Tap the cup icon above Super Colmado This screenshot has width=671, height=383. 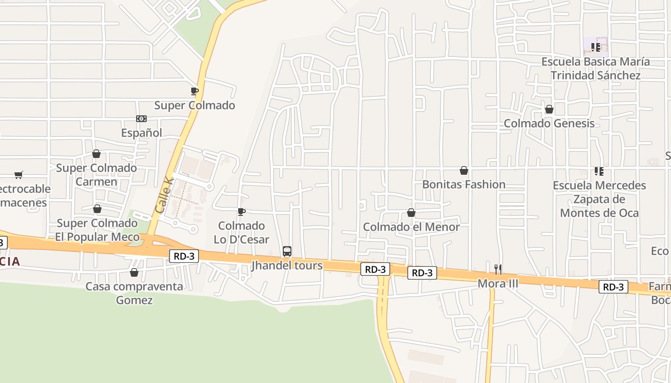[194, 91]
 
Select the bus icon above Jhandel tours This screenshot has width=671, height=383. [287, 251]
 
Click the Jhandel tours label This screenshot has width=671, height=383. [287, 266]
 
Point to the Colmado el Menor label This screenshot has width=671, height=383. [411, 227]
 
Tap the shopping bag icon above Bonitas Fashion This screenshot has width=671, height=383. [464, 170]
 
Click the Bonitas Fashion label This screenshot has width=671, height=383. [464, 184]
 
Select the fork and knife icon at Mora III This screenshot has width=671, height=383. [498, 269]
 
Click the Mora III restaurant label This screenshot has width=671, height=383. [498, 284]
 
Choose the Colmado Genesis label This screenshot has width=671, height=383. [549, 124]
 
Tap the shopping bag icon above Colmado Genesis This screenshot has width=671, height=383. [549, 110]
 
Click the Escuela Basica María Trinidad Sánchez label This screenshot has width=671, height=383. [596, 68]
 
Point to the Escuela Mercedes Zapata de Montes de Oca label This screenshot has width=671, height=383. [599, 199]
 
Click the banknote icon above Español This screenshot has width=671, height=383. [141, 119]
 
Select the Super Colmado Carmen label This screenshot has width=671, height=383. [96, 175]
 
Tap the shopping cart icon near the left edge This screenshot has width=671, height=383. [19, 175]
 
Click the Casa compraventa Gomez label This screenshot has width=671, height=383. [134, 293]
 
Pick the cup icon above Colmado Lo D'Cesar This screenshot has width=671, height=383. [242, 212]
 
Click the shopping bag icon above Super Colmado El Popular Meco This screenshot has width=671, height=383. [97, 209]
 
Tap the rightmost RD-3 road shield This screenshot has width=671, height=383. [613, 287]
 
